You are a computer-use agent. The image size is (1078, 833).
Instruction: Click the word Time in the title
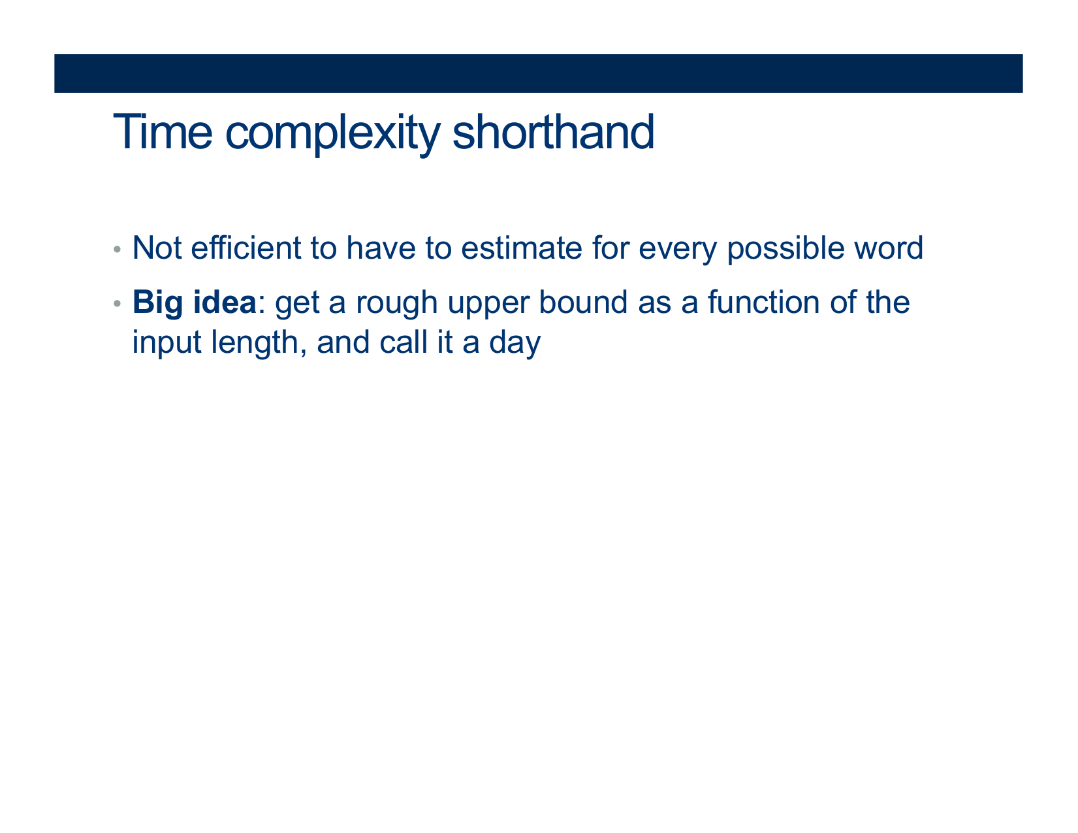pos(163,131)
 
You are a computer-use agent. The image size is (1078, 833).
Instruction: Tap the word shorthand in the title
pos(553,131)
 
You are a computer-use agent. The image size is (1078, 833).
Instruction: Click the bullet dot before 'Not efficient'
pos(117,249)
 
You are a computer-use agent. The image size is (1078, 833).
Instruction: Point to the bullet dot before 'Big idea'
pos(117,302)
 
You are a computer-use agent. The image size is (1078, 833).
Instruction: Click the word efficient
pos(246,247)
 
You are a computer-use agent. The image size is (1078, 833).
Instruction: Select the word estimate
pos(522,248)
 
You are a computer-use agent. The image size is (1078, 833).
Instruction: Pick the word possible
pos(785,250)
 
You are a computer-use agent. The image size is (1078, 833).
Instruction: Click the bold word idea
pos(225,301)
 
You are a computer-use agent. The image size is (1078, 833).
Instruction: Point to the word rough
pos(396,304)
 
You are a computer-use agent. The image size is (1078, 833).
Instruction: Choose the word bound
pos(584,301)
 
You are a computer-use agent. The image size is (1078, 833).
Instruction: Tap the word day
pos(515,344)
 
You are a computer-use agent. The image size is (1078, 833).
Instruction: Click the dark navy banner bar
pos(538,73)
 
